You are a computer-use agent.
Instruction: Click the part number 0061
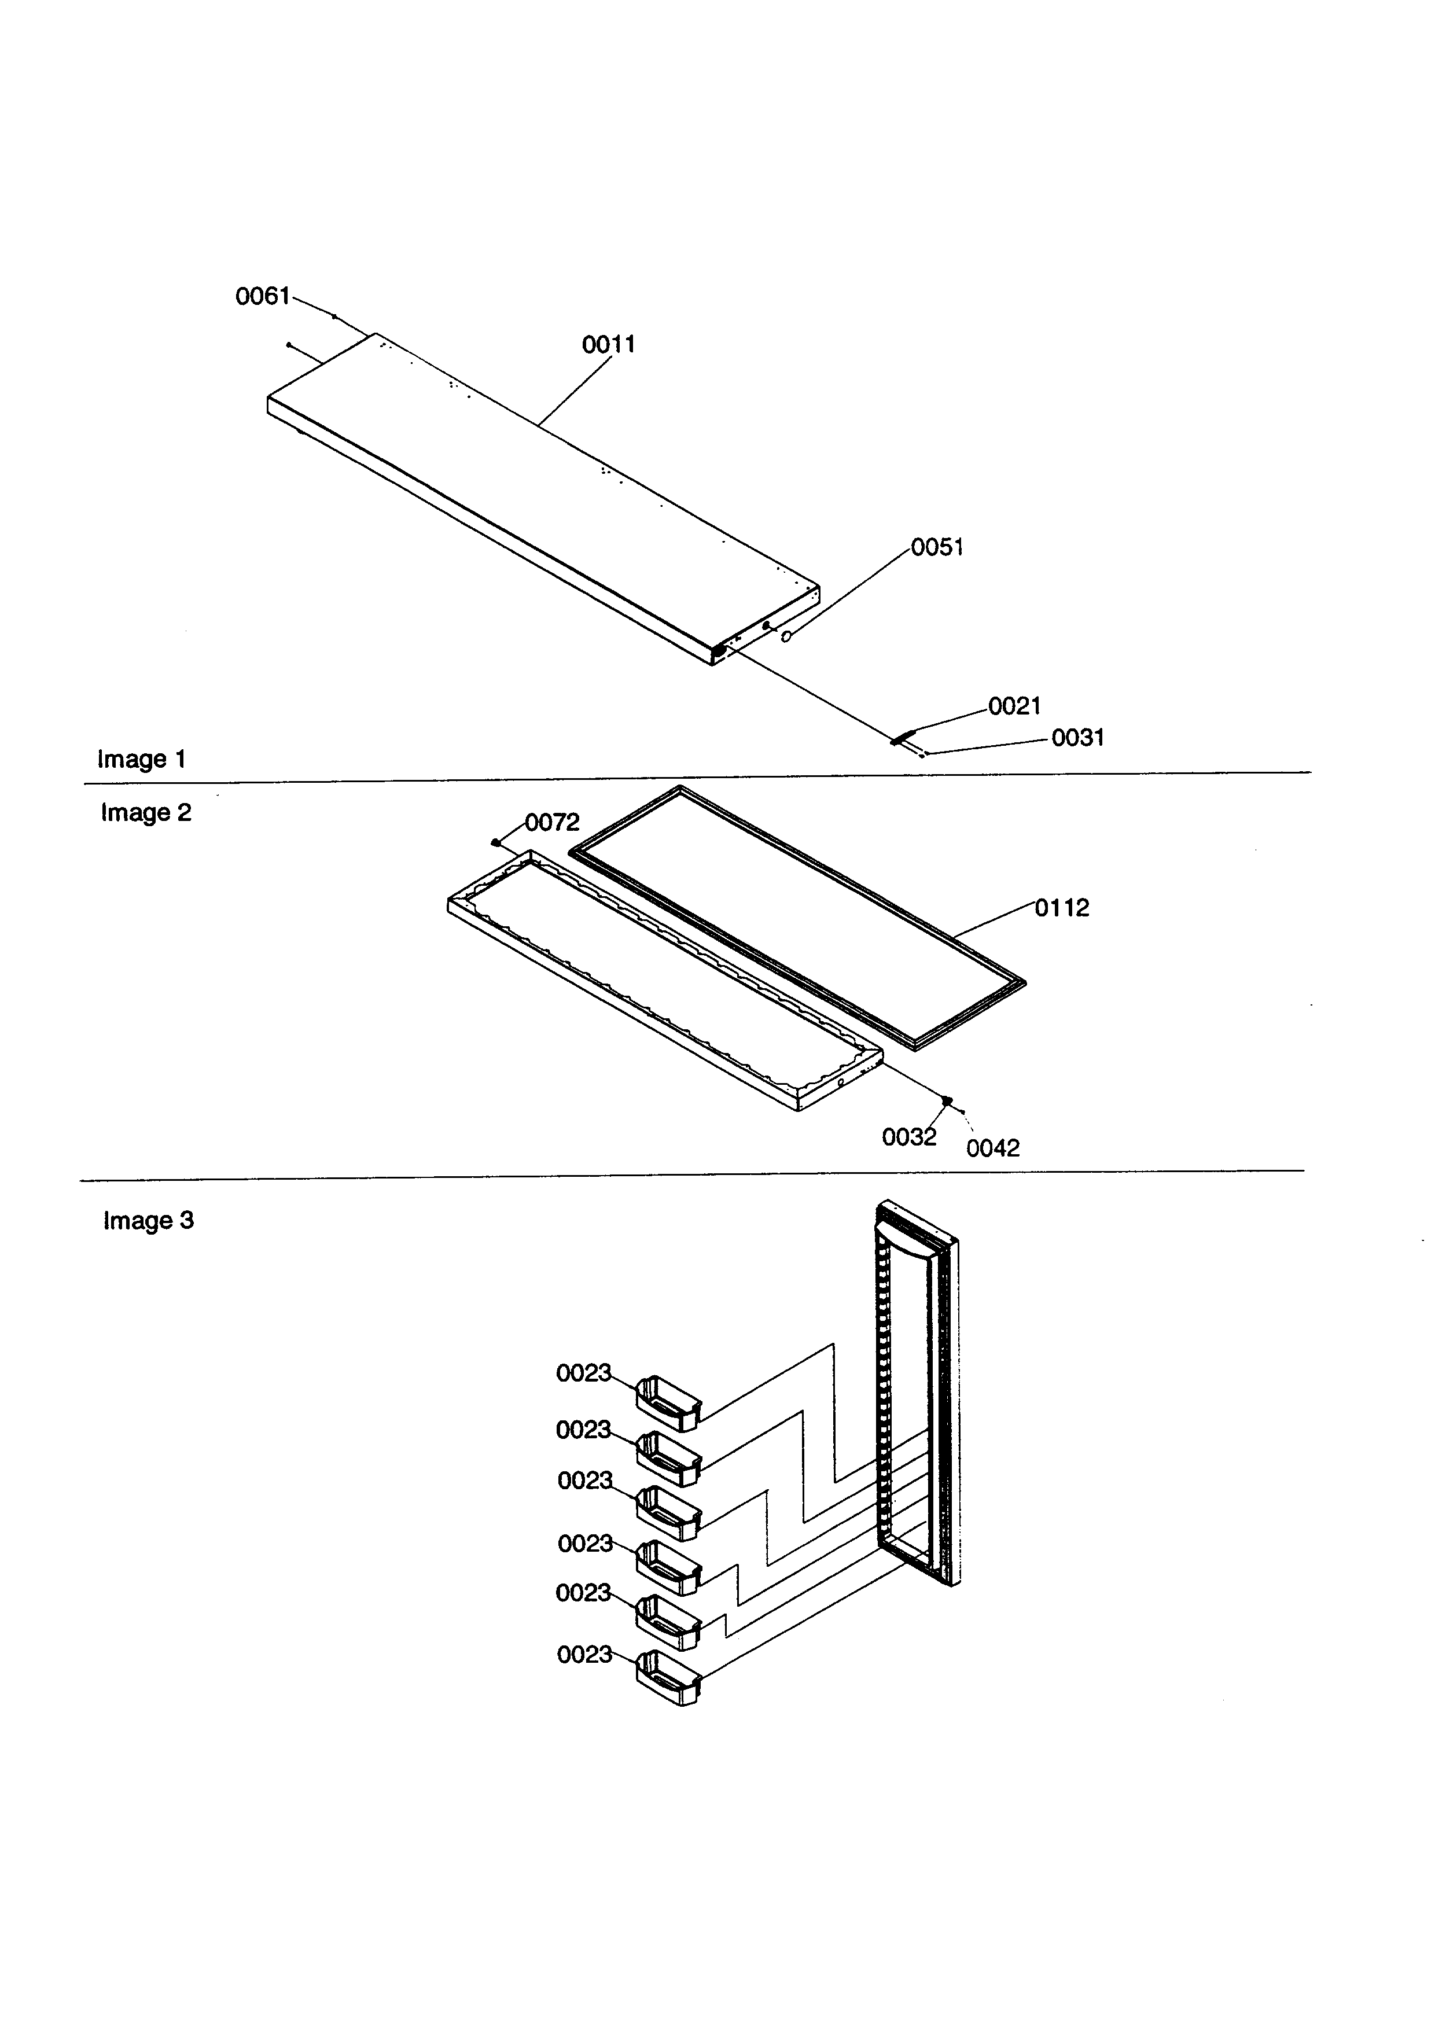tap(263, 296)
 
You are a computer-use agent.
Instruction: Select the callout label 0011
tap(608, 345)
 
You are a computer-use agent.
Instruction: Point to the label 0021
tap(1014, 706)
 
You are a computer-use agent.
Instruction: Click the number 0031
tap(1077, 737)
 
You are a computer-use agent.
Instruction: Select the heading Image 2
tap(146, 812)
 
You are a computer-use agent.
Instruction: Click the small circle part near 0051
tap(786, 637)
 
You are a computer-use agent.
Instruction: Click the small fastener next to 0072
tap(496, 842)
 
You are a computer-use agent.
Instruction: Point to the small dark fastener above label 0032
tap(947, 1100)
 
